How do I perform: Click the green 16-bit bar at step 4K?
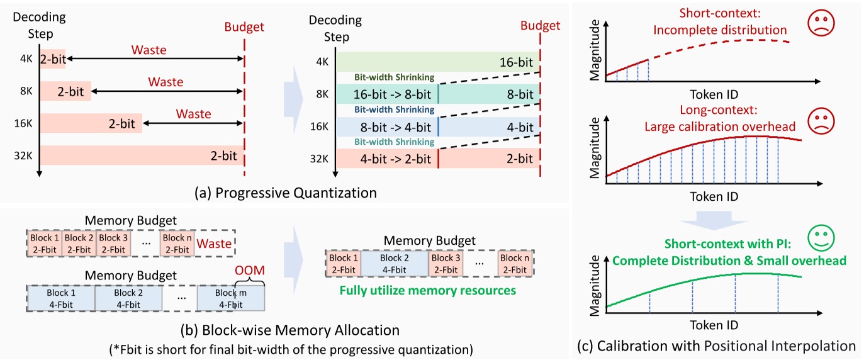pos(437,62)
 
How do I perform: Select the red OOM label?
pos(249,270)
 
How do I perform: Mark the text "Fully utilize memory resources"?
pos(427,291)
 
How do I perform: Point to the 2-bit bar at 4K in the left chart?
pos(53,59)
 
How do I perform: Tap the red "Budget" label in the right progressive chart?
pos(541,26)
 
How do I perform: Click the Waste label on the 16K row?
pos(194,114)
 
